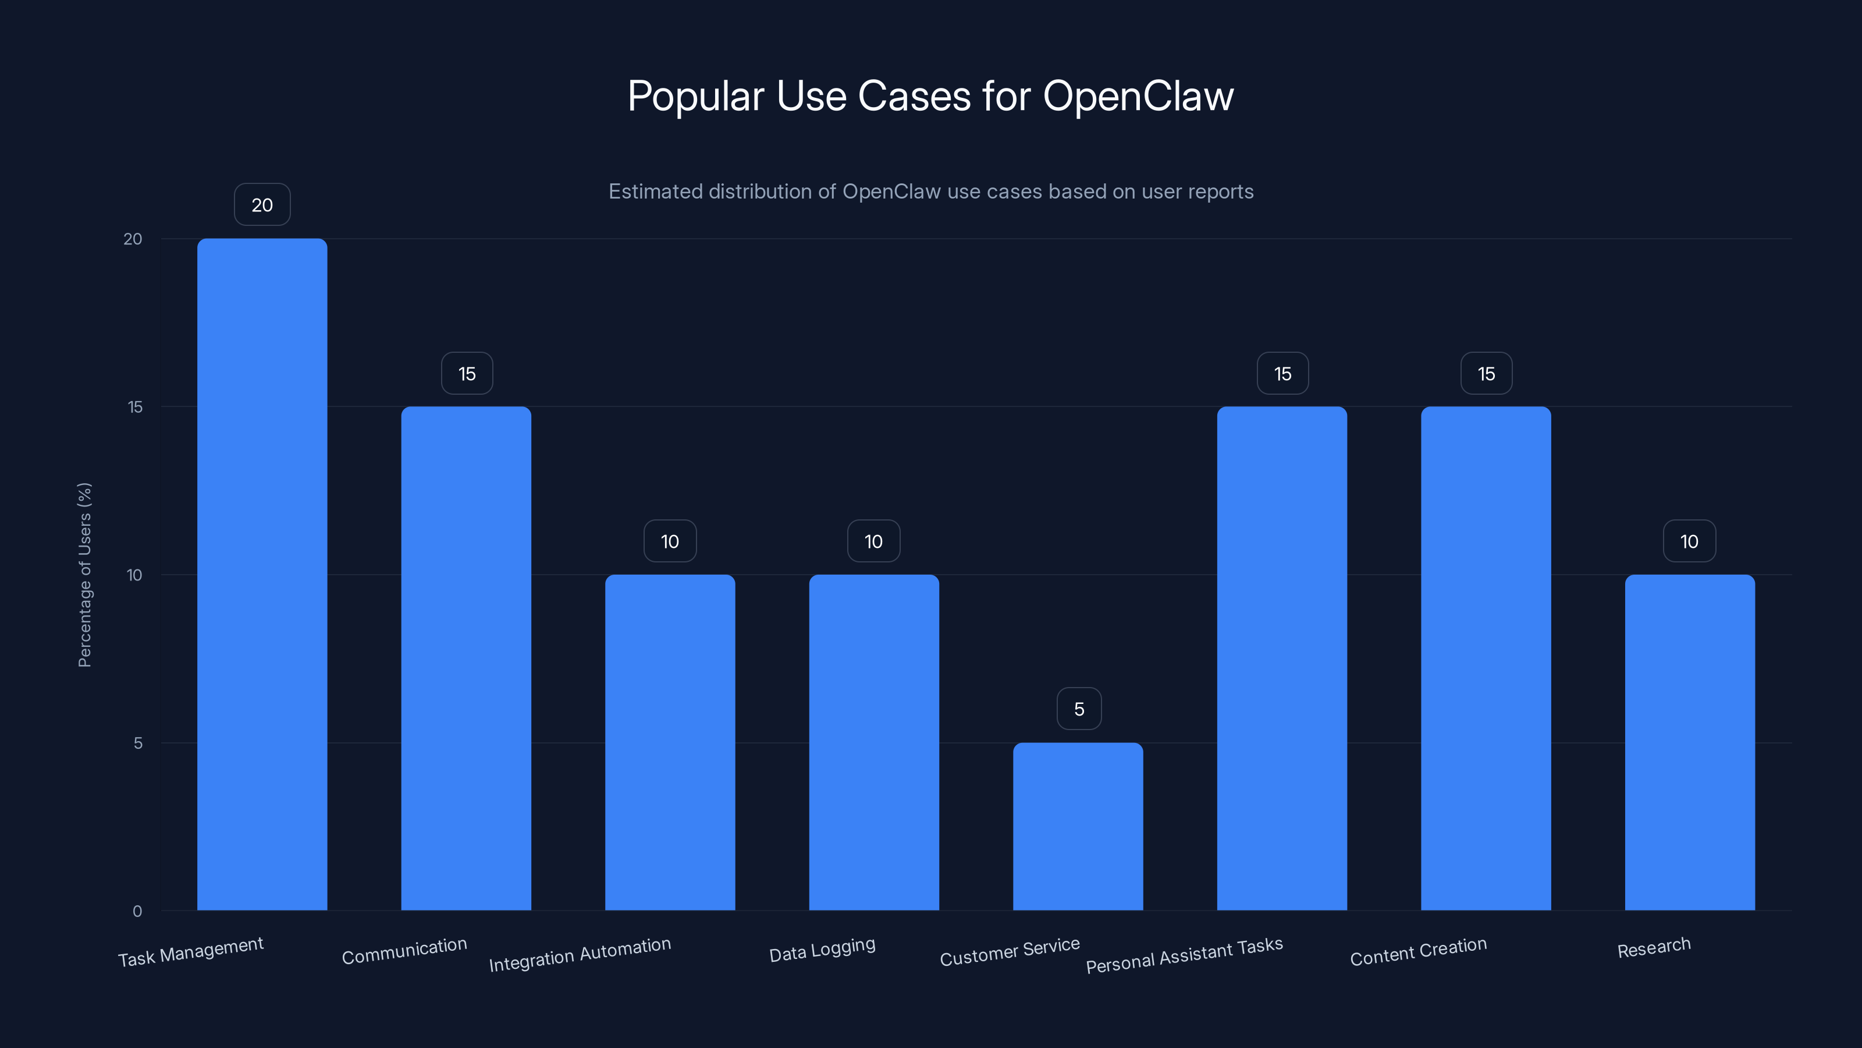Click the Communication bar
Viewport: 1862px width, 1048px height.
[466, 658]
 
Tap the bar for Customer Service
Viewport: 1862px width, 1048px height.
[1078, 826]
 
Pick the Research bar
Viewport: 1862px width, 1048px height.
[1689, 742]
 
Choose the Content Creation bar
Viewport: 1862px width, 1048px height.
[1486, 658]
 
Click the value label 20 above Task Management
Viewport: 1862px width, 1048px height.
[262, 206]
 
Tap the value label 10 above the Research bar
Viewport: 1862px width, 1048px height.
[1689, 541]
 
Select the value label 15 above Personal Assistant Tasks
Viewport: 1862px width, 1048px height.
[1282, 374]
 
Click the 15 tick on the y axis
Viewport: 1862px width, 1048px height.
[135, 407]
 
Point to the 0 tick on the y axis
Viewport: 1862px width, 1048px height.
[137, 911]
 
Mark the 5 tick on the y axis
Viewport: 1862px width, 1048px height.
[138, 743]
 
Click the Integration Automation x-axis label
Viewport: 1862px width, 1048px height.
[580, 955]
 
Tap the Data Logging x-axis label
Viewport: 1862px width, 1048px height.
[822, 950]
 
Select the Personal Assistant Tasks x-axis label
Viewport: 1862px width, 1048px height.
[1184, 955]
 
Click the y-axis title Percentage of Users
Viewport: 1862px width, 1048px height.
[84, 575]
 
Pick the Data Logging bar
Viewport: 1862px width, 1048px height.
[874, 742]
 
